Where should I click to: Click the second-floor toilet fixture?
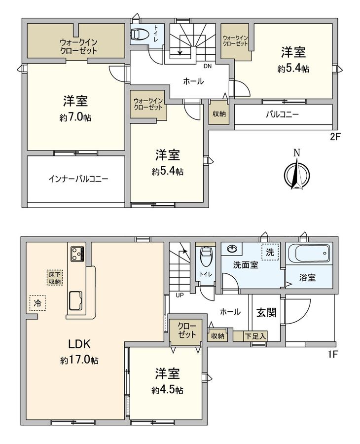coord(140,34)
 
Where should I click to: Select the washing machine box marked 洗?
coord(270,252)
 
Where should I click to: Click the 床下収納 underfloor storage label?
coord(54,277)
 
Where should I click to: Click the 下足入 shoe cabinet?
coord(256,336)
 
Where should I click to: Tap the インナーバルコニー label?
coord(78,179)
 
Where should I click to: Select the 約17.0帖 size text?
coord(79,361)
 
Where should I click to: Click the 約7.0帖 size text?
coord(75,118)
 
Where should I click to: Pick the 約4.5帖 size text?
coord(167,390)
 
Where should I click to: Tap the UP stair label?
coord(180,295)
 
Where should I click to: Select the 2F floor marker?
coord(335,138)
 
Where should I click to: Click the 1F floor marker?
coord(335,354)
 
